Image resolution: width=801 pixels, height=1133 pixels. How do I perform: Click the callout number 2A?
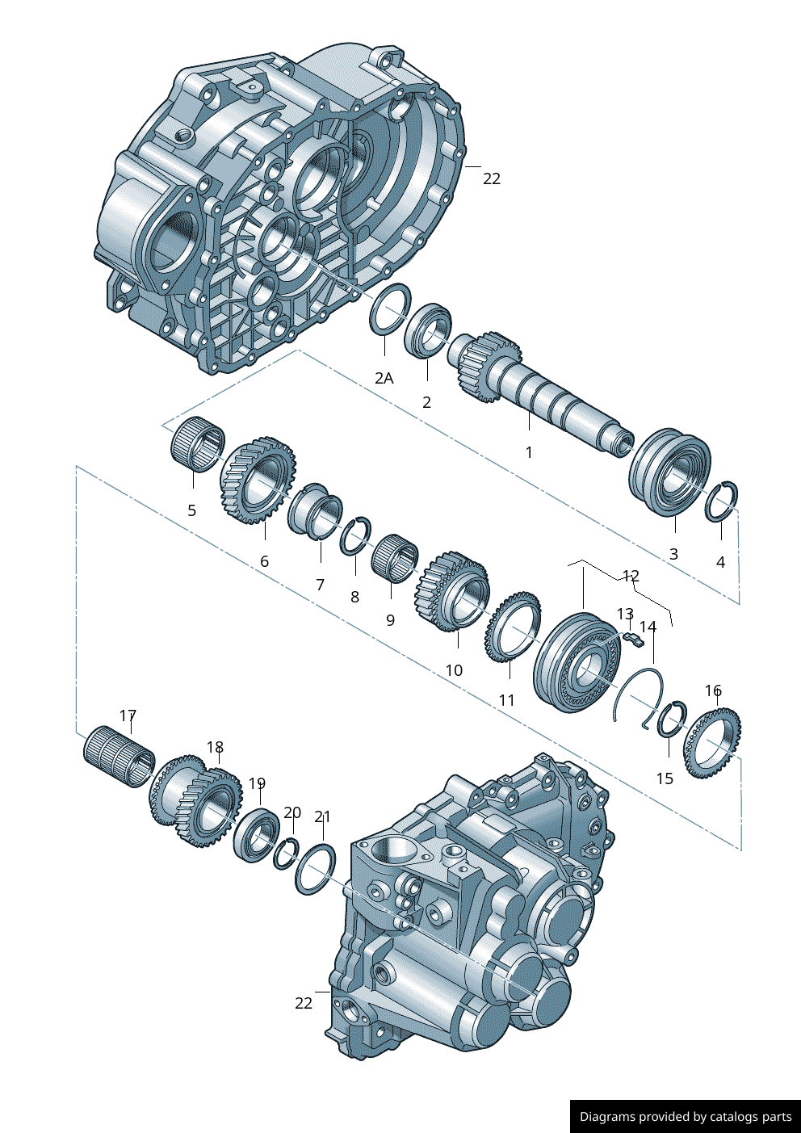coord(384,378)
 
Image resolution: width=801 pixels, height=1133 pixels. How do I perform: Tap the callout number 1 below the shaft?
coord(529,452)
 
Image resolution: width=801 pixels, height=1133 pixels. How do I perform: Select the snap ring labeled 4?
coord(721,501)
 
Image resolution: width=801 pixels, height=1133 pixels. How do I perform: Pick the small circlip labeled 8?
coord(355,535)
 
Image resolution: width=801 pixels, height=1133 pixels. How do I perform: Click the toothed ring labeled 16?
coord(713,742)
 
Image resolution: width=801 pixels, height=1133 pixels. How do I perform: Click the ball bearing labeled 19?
coord(257,833)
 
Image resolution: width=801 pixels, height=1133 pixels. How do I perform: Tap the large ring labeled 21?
coord(315,868)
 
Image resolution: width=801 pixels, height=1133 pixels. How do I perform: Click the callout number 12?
coord(631,576)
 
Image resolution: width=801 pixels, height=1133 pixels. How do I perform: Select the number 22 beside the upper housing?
coord(492,178)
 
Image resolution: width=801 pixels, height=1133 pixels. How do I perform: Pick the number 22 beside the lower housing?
coord(304,1003)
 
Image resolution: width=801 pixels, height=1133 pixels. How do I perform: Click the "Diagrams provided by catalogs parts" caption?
coord(686,1117)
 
